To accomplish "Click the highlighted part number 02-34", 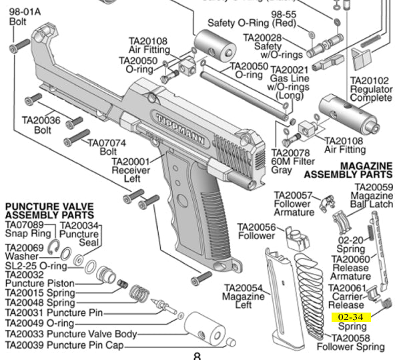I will [x=351, y=317].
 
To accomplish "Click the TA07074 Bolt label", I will [x=103, y=147].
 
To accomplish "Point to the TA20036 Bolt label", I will [x=41, y=125].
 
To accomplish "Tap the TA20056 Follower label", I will [x=256, y=231].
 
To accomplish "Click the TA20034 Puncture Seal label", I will [x=80, y=231].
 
